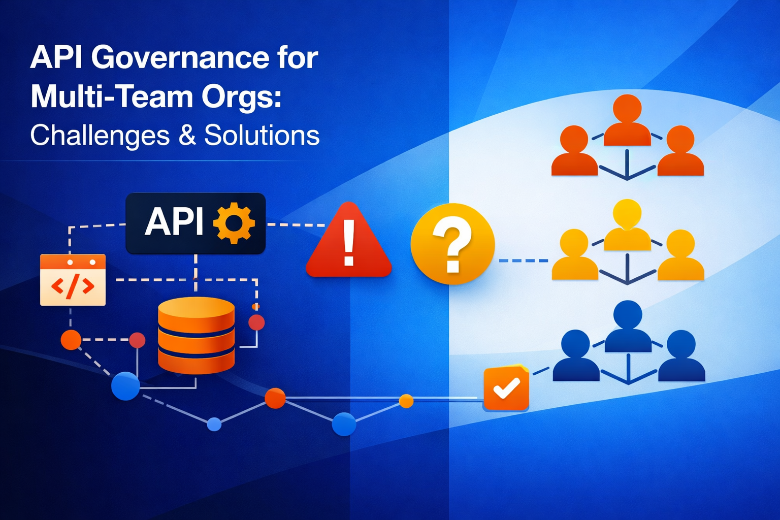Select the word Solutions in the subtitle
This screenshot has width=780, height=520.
click(262, 136)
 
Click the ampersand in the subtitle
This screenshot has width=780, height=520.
click(187, 136)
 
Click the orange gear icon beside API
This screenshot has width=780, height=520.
click(234, 223)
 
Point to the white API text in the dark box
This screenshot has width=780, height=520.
click(174, 222)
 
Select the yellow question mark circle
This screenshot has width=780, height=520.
click(452, 244)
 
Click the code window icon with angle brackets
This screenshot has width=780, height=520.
click(73, 280)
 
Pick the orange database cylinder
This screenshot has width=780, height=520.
click(196, 335)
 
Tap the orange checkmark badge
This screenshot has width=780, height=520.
click(506, 388)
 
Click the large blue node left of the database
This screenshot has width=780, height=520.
click(125, 386)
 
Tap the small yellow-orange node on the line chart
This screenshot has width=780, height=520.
click(406, 401)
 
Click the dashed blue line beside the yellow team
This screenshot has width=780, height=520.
click(523, 261)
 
